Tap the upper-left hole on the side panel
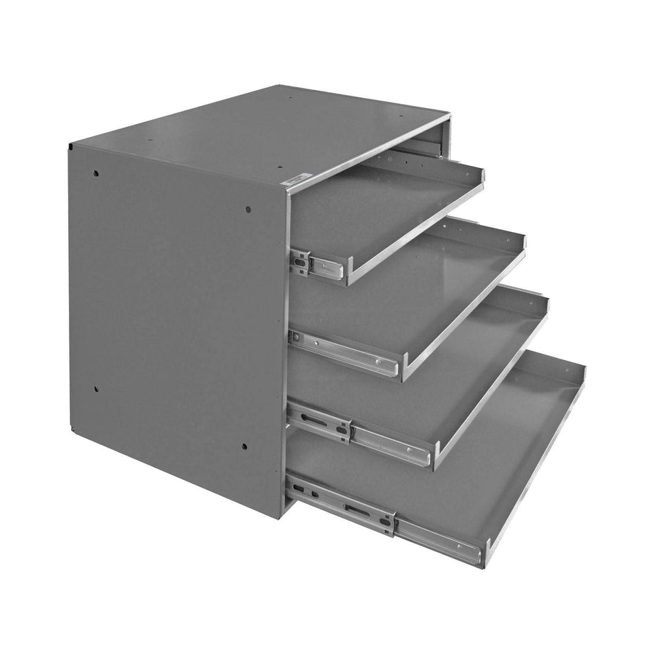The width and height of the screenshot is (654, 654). point(96,173)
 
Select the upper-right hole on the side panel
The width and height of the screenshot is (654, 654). point(248,209)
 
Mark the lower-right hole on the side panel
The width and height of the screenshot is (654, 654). point(244,446)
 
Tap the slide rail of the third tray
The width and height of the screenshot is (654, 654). point(358,434)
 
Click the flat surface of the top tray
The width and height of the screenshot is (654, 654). point(386,207)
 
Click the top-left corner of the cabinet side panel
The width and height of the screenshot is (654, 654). point(70,147)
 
